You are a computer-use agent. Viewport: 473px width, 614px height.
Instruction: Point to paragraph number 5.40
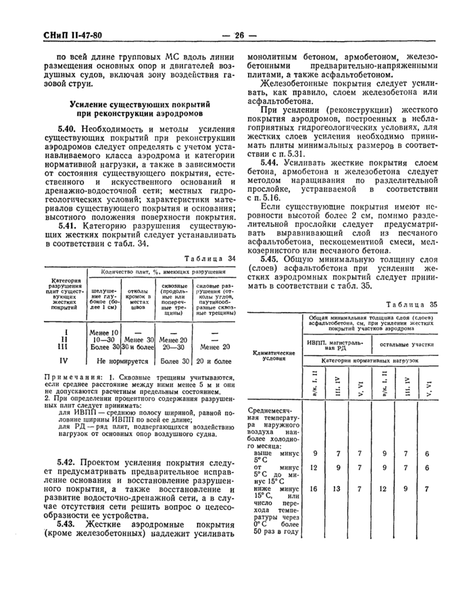(68, 129)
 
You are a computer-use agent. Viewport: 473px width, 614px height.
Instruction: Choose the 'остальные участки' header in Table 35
(406, 344)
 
